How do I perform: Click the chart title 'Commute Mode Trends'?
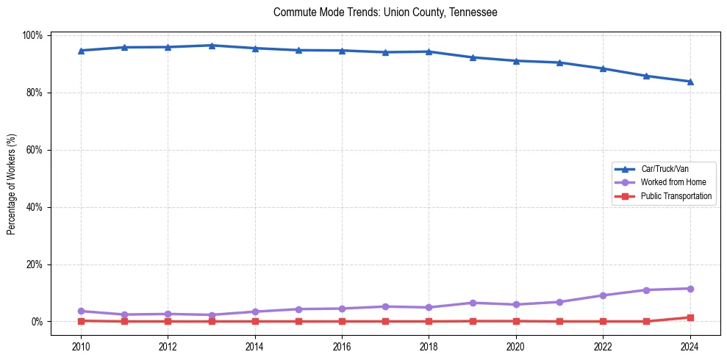[385, 12]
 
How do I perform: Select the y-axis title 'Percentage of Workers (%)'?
[12, 179]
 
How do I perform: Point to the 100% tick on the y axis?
[33, 35]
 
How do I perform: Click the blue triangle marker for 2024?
[690, 82]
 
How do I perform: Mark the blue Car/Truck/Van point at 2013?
[212, 46]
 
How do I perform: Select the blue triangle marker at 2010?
[81, 51]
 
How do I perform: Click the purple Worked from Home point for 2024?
[690, 289]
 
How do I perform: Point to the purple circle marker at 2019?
[472, 303]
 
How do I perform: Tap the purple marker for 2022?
[603, 295]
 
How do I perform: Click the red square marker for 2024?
[690, 317]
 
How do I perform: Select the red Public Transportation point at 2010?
[81, 321]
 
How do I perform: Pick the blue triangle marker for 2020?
[516, 61]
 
